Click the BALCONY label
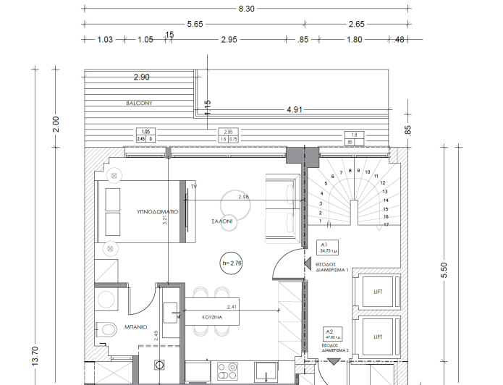click(138, 103)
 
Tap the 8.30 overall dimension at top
click(246, 9)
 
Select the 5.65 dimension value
click(195, 24)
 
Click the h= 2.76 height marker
click(232, 263)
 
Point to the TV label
click(194, 187)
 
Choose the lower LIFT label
click(377, 337)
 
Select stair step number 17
click(386, 225)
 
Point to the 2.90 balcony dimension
click(141, 77)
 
